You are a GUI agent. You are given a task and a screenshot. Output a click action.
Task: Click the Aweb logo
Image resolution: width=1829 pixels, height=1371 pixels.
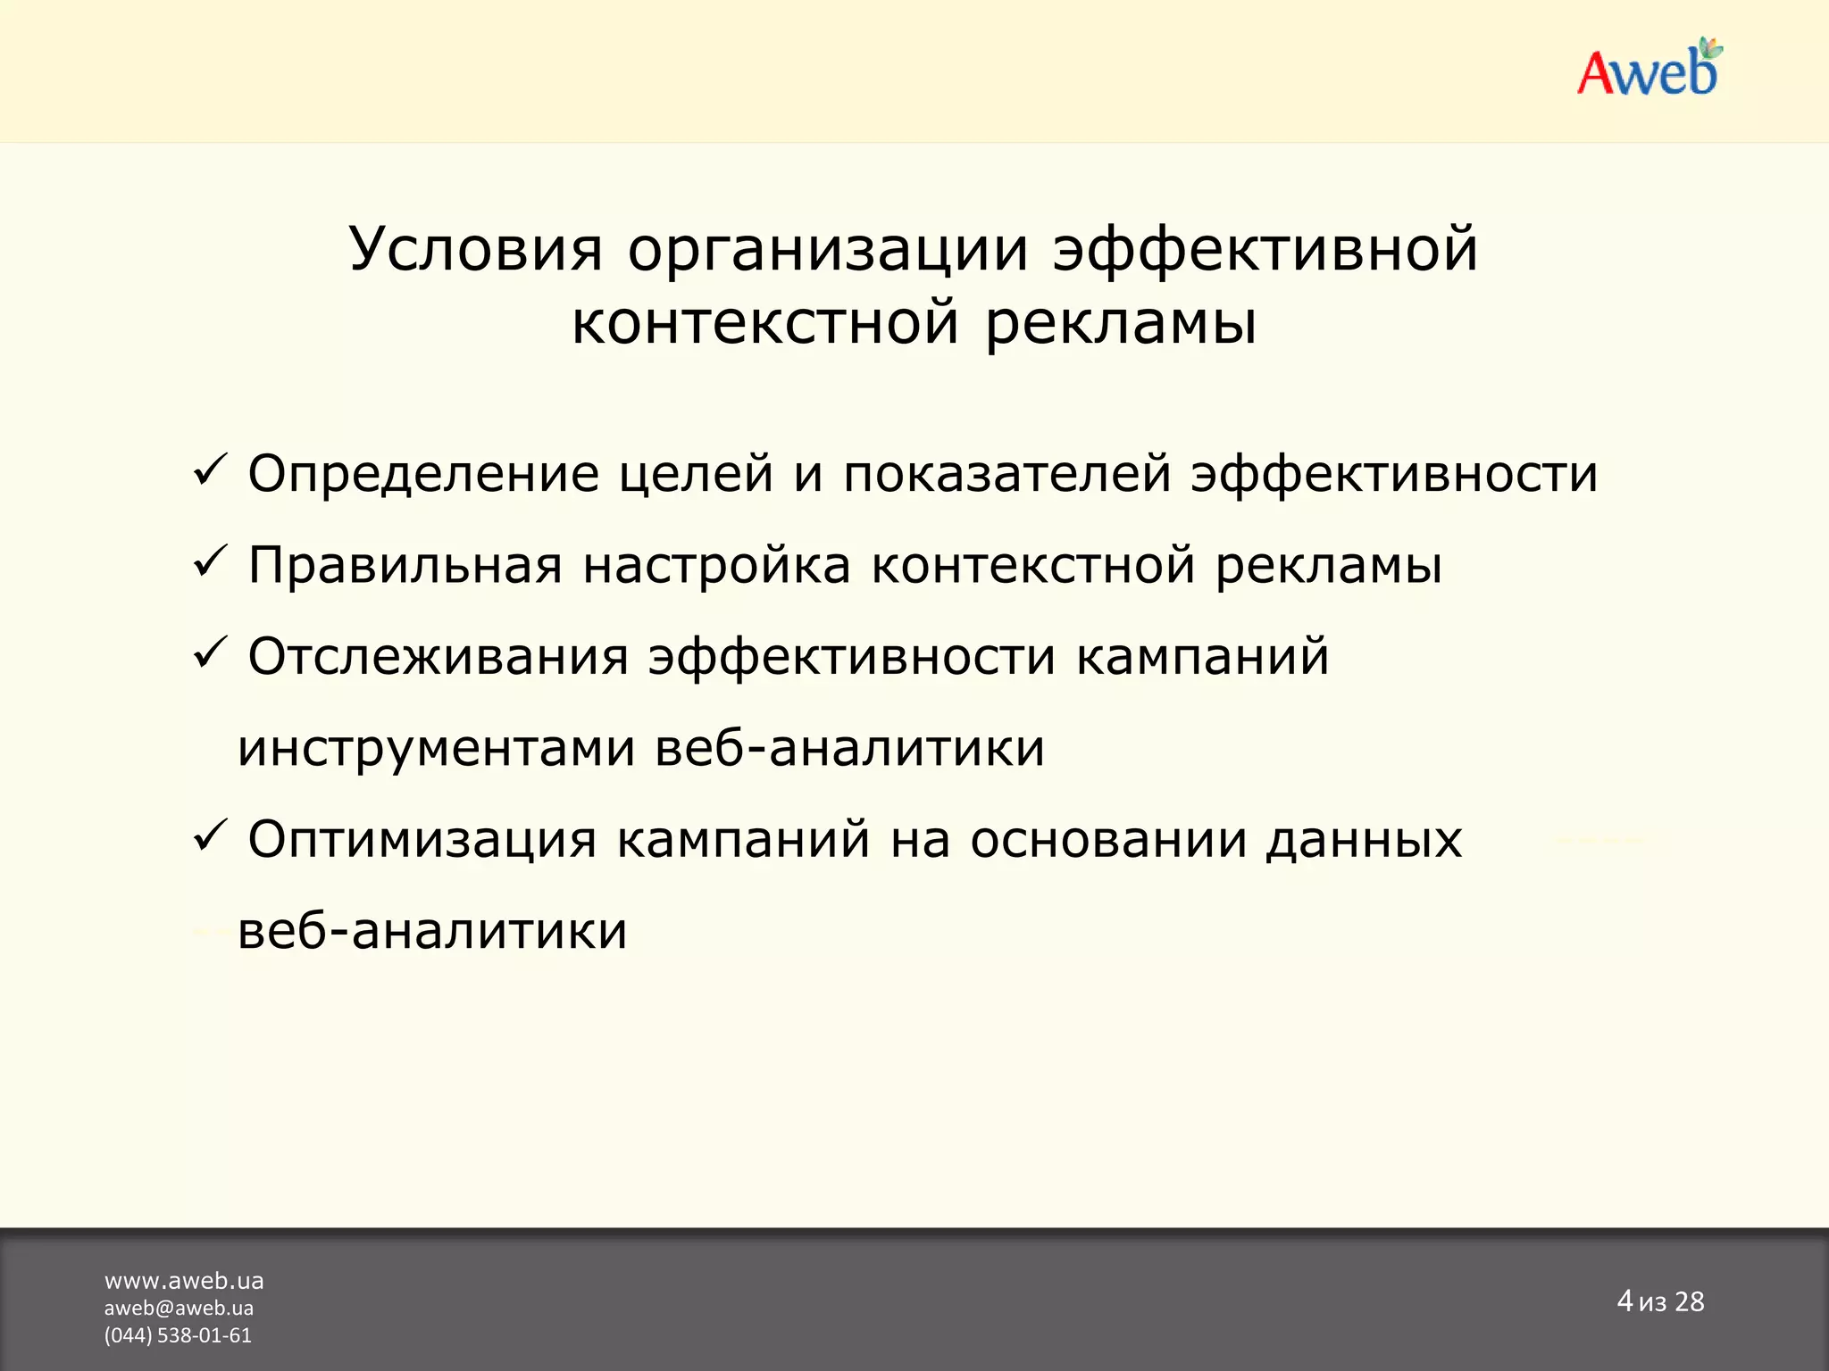(1649, 70)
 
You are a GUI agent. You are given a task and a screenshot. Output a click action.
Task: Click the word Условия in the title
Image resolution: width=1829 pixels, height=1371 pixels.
(475, 250)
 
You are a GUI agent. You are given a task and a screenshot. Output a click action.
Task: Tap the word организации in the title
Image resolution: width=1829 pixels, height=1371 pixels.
(828, 250)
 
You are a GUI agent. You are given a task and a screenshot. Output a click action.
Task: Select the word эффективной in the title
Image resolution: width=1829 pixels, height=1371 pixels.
(1265, 250)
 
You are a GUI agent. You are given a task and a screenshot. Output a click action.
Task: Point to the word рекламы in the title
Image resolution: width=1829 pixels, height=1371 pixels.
(1121, 323)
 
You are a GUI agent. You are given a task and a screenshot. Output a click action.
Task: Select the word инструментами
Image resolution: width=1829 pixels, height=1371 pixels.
(436, 749)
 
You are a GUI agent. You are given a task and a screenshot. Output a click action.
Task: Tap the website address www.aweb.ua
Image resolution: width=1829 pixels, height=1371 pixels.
(184, 1281)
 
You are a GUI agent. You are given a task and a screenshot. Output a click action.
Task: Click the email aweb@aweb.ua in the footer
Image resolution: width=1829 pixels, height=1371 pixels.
(179, 1309)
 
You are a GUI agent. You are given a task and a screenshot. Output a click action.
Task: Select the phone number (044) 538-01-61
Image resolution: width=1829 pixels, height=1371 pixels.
(178, 1335)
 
